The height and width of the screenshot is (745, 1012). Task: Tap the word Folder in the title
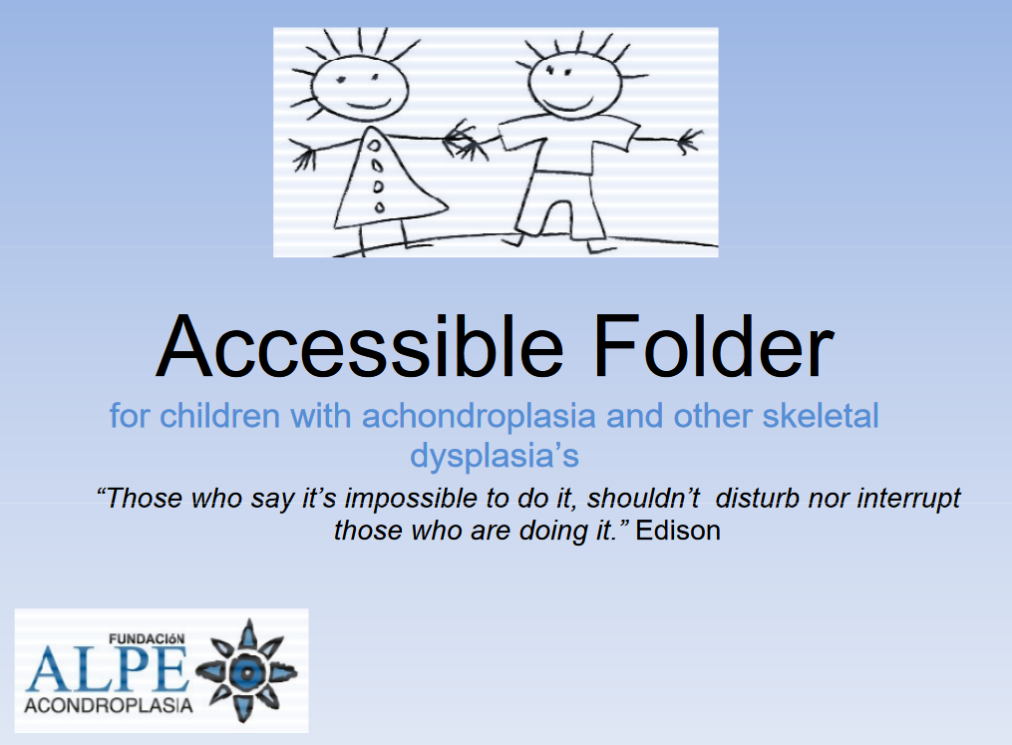712,346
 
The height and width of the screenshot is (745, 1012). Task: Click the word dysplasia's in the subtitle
495,456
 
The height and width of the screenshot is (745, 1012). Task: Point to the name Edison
678,531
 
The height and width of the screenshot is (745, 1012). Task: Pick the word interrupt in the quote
907,498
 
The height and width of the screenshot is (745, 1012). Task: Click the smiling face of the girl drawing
346,82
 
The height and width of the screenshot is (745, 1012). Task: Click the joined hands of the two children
465,139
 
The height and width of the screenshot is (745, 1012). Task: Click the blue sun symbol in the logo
243,670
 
